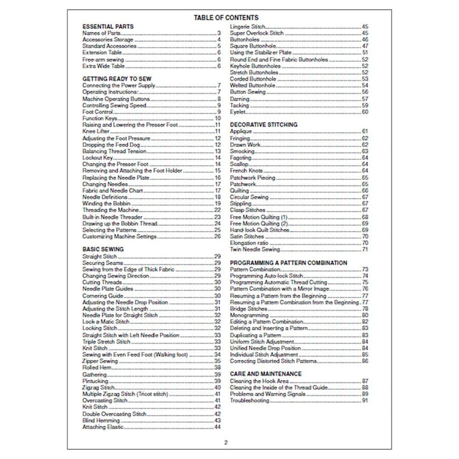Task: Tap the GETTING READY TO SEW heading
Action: pyautogui.click(x=117, y=79)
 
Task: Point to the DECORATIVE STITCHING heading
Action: pyautogui.click(x=263, y=124)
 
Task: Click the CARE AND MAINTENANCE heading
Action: pyautogui.click(x=266, y=373)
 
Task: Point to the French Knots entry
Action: pyautogui.click(x=246, y=170)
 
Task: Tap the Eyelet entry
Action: pyautogui.click(x=237, y=112)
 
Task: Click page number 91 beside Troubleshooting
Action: pyautogui.click(x=365, y=401)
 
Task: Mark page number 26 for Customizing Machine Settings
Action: pyautogui.click(x=217, y=236)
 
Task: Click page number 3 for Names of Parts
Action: pyautogui.click(x=218, y=33)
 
